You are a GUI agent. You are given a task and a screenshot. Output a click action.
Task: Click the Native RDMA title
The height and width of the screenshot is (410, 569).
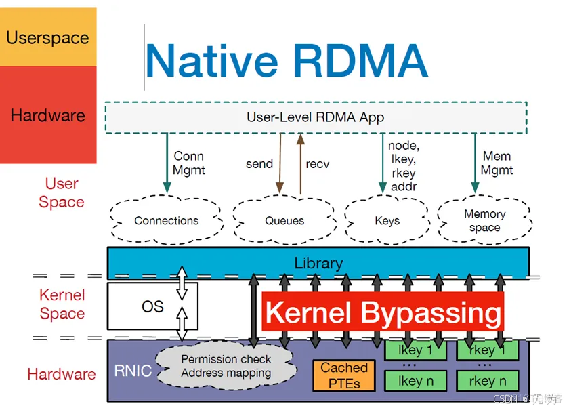286,60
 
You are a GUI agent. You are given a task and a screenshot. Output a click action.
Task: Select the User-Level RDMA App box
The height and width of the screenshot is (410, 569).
315,117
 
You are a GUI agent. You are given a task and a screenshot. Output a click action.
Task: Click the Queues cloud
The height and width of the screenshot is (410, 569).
284,220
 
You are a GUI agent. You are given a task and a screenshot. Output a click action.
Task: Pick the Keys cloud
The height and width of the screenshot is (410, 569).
387,220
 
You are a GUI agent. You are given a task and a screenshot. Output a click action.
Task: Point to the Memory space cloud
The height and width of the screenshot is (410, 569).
484,220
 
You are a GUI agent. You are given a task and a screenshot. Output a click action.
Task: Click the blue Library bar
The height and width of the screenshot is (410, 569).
318,262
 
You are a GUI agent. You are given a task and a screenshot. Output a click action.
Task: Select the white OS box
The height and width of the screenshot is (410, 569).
152,306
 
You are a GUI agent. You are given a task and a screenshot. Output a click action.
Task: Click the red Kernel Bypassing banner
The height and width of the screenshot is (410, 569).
383,312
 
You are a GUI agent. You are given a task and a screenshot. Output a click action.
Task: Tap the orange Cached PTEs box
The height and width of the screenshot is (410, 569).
344,375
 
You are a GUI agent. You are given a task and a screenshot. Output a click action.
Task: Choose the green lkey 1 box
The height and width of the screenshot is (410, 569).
415,350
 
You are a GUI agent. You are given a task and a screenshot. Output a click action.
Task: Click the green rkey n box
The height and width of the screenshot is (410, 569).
487,381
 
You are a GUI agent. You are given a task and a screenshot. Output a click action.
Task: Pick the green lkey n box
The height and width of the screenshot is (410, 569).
415,381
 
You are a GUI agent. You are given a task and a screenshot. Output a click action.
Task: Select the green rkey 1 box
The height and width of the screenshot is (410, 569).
487,350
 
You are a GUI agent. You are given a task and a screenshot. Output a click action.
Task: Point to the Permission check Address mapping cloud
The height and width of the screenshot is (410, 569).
226,366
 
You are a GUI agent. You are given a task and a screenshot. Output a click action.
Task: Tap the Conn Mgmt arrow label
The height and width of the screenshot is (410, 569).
188,163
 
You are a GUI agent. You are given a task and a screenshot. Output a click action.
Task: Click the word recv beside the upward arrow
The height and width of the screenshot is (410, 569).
317,164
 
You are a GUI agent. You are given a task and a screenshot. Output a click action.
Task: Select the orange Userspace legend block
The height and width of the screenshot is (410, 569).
47,37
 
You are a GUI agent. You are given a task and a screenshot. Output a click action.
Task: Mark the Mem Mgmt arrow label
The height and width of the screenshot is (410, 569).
497,163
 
